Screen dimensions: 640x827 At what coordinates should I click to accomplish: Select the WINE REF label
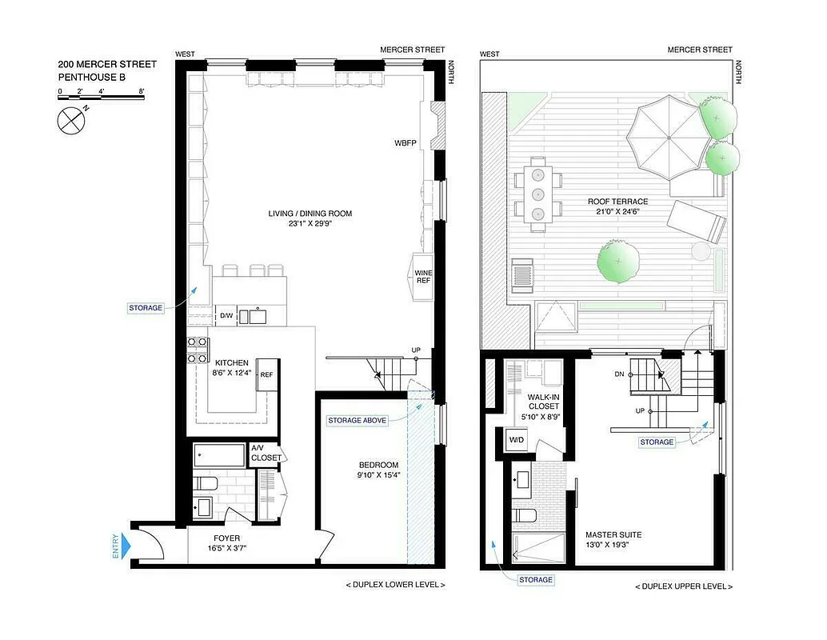(x=423, y=277)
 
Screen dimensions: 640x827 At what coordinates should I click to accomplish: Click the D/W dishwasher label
(x=226, y=316)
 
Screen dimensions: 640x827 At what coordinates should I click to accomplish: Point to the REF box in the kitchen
(x=266, y=374)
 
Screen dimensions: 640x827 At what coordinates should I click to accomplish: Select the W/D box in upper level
(x=517, y=439)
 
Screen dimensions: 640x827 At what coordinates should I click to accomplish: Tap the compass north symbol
(x=71, y=121)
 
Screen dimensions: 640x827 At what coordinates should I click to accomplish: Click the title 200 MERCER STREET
(x=107, y=64)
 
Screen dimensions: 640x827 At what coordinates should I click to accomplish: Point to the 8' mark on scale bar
(x=142, y=91)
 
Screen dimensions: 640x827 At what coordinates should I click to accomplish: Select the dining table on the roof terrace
(x=537, y=193)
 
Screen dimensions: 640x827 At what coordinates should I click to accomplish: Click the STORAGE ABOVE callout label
(x=357, y=420)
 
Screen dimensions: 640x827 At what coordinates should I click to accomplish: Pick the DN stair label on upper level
(x=619, y=374)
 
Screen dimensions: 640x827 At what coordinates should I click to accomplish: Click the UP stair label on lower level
(x=416, y=350)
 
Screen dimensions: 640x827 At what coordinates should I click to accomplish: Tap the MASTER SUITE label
(x=613, y=535)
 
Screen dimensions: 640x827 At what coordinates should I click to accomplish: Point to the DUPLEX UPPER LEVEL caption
(x=683, y=586)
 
